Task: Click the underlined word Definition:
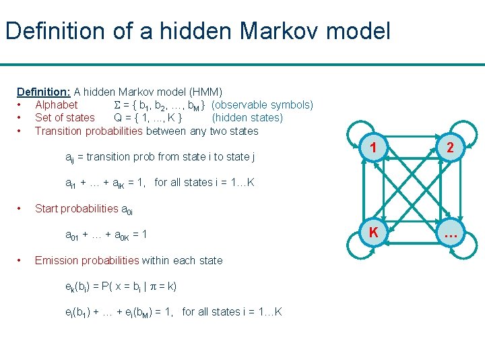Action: (44, 92)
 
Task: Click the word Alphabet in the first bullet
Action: (56, 104)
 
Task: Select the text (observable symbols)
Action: (262, 104)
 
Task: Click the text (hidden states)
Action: (247, 117)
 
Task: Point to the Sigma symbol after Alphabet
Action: (118, 104)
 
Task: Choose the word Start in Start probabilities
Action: (46, 208)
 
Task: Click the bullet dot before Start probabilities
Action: (22, 208)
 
